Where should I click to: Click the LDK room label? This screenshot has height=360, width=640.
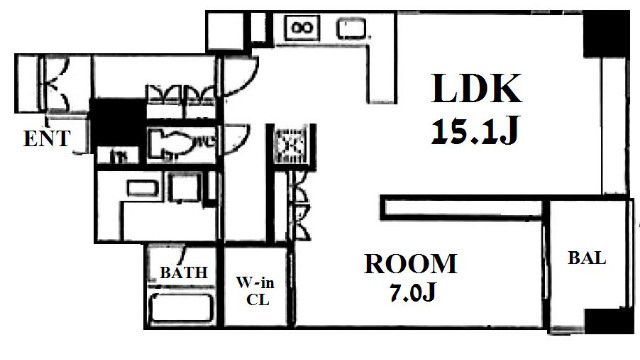click(476, 88)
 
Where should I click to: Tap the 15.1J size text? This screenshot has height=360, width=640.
click(475, 130)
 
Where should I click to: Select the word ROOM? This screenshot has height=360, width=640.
click(411, 264)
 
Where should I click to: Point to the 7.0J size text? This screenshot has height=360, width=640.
click(413, 292)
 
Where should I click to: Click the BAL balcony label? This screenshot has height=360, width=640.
click(587, 258)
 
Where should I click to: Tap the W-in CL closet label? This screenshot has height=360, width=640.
click(256, 291)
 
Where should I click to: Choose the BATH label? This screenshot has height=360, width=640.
click(184, 273)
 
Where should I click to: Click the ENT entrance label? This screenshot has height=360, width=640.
click(47, 139)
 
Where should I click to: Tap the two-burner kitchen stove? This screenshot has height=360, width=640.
click(302, 28)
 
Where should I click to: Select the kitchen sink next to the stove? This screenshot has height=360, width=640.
click(351, 29)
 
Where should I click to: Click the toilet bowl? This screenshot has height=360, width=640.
click(172, 143)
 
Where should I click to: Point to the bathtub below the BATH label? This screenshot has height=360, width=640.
click(182, 308)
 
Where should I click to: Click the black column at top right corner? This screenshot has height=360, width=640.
click(606, 34)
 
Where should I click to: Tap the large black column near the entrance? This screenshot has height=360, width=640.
click(118, 122)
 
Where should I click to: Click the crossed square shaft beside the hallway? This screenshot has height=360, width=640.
click(291, 145)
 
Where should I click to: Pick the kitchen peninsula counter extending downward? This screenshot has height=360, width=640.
click(382, 73)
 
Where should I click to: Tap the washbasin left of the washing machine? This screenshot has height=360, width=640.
click(142, 189)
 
